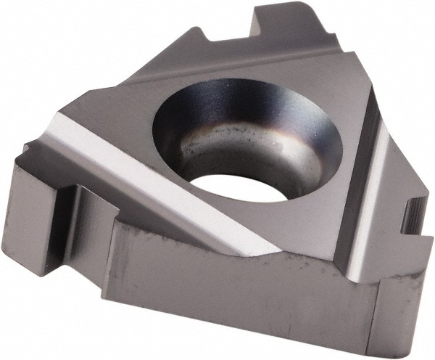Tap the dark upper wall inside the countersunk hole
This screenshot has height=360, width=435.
coord(239,109)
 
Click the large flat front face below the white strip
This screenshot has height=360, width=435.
coord(239,290)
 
